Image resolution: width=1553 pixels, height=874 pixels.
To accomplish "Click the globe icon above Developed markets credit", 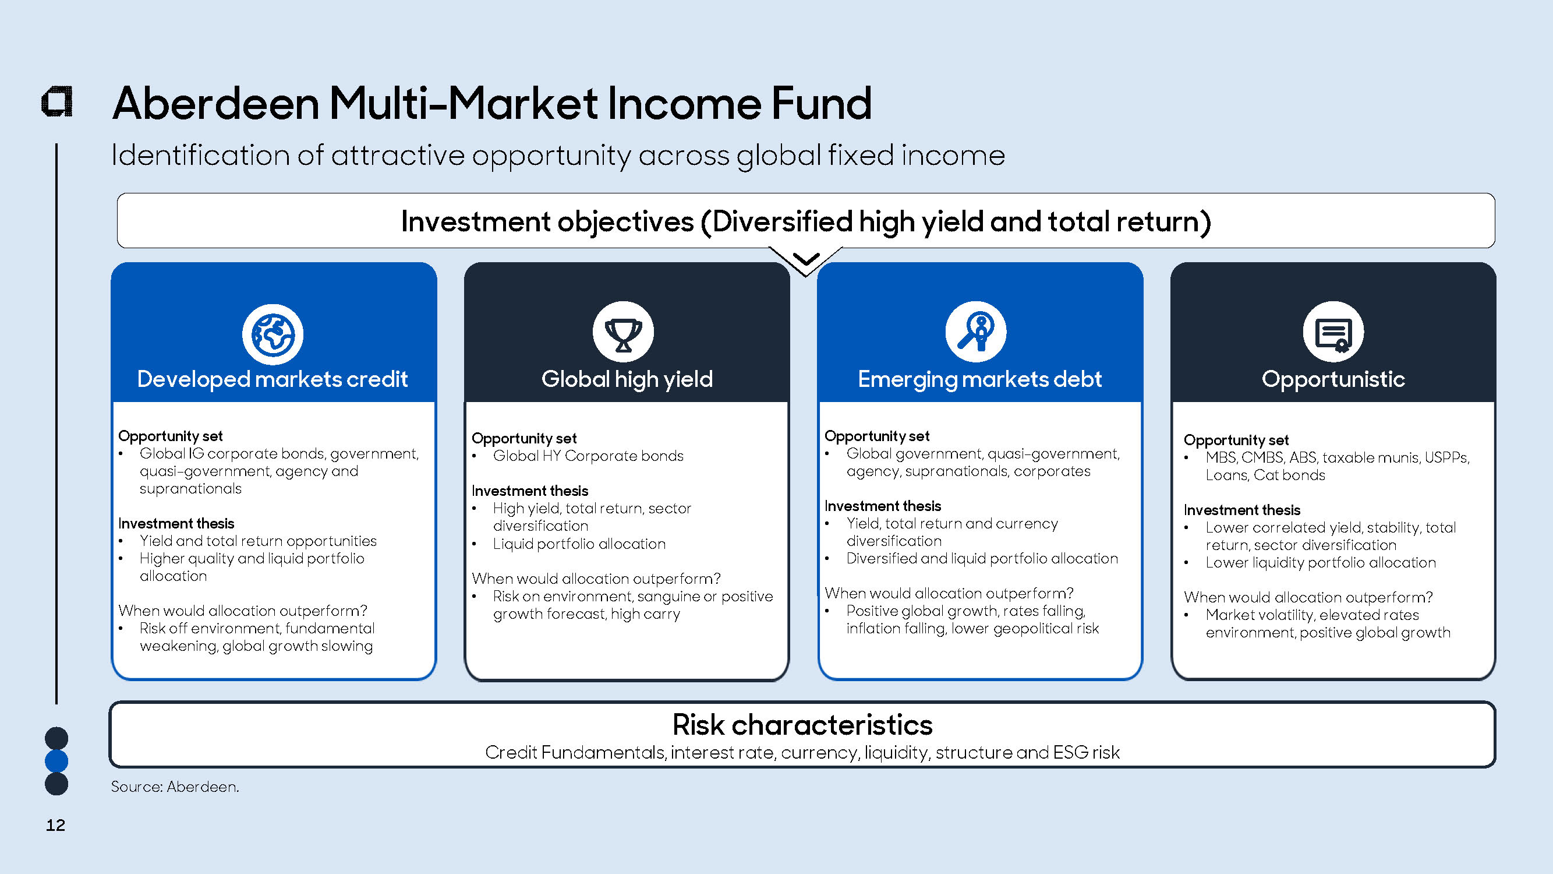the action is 273,334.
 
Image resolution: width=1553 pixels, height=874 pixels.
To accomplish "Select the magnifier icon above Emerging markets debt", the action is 975,332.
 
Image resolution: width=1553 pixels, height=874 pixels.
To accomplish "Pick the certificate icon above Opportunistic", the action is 1333,332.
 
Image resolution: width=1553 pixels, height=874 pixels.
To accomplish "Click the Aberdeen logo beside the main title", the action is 56,101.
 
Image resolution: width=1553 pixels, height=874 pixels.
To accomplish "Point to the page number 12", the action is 55,825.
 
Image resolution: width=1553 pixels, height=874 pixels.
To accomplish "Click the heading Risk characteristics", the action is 802,724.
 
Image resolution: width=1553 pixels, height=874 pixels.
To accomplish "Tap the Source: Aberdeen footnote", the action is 175,787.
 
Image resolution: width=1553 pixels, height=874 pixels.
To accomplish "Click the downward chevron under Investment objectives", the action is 805,259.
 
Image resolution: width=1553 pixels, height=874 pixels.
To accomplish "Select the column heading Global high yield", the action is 627,379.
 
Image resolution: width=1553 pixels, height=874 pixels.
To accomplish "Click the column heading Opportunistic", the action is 1333,379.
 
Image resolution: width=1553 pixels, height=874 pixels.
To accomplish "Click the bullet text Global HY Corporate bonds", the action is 588,456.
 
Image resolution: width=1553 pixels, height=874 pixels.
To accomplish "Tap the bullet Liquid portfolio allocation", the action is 579,544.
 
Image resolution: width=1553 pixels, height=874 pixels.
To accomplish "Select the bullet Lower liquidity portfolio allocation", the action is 1320,563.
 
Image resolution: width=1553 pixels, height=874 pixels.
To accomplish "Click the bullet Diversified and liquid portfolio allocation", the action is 982,559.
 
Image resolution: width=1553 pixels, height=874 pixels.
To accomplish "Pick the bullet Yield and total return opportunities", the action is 258,541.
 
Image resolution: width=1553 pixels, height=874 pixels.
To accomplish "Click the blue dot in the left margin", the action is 56,761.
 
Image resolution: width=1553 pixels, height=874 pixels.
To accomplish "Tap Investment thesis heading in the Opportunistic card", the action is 1242,510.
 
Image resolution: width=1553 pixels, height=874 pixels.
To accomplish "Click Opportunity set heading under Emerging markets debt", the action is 876,436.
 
